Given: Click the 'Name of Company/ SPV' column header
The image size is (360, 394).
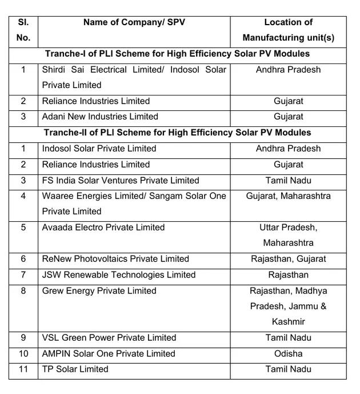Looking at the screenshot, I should [x=134, y=22].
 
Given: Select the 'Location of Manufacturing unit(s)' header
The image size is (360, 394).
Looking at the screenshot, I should [x=288, y=30].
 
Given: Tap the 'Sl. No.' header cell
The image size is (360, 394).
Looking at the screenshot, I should [x=23, y=30].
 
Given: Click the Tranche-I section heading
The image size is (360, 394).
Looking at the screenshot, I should [x=177, y=54].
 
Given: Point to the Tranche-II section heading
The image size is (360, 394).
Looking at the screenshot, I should [x=177, y=132].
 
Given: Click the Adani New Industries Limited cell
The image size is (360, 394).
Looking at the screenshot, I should [x=100, y=117].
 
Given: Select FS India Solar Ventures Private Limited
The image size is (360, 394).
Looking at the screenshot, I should [x=121, y=180].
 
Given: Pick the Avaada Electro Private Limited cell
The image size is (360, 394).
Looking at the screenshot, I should [x=103, y=227].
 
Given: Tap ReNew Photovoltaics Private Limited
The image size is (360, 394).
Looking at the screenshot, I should [x=115, y=259].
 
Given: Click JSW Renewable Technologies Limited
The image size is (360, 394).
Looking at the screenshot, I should [x=119, y=275].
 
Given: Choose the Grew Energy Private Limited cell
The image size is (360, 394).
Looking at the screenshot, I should [x=99, y=290].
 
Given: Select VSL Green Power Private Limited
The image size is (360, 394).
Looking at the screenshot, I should [x=109, y=337].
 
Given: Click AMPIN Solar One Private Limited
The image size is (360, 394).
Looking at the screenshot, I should [x=109, y=353].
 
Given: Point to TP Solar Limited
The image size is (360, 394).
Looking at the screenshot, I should [x=75, y=369].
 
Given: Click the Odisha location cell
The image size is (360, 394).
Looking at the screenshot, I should [x=288, y=353].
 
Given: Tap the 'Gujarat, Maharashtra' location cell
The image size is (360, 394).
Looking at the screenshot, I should [x=288, y=196].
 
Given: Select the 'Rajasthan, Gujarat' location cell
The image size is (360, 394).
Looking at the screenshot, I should [x=288, y=259].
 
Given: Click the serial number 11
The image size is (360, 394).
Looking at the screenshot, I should [x=23, y=369].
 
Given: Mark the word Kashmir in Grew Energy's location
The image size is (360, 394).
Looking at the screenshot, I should [x=288, y=321].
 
